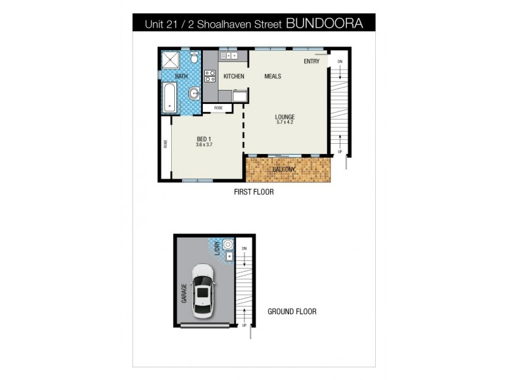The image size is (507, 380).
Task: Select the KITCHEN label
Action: point(234,77)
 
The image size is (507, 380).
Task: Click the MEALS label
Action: point(273,77)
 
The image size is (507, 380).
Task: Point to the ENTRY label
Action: point(311,61)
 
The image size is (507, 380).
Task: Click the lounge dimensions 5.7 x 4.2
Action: point(285,123)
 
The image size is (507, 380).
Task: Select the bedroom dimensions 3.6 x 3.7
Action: point(203,145)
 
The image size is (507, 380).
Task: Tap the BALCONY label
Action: point(285,169)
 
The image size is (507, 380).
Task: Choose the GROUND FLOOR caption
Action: point(292,312)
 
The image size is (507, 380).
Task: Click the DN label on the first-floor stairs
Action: point(340,61)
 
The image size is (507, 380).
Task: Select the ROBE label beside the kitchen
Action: point(218,108)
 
